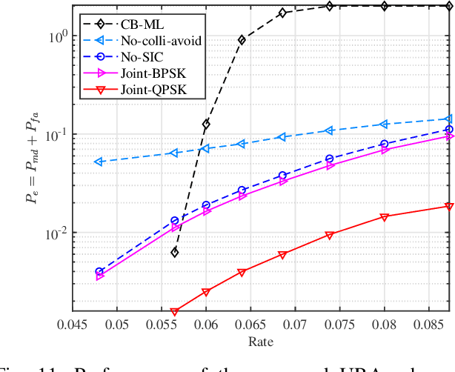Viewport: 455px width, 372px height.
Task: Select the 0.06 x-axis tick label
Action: click(205, 324)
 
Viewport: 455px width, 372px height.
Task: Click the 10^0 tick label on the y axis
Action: click(56, 35)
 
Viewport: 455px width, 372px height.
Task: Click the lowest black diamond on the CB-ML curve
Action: click(175, 253)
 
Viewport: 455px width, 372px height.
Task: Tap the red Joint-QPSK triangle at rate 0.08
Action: click(384, 217)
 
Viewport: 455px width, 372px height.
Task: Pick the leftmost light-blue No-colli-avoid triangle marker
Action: click(99, 162)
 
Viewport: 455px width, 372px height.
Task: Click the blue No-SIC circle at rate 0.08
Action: click(384, 144)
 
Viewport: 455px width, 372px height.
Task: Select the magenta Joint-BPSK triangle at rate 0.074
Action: click(330, 166)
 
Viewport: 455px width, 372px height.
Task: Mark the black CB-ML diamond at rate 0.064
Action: click(242, 40)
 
